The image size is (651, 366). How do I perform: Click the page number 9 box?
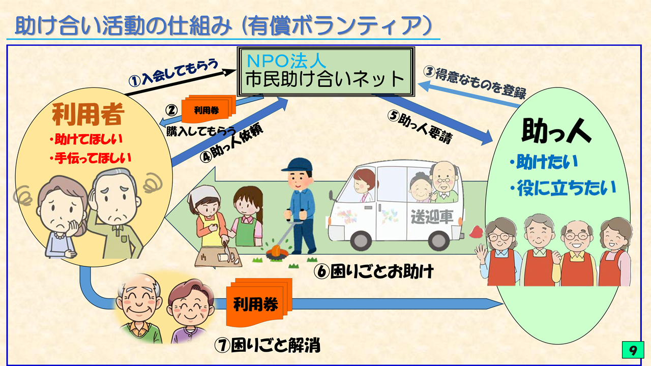(633, 350)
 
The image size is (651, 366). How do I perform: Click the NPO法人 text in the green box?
(286, 61)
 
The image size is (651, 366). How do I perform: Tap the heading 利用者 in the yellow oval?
(88, 114)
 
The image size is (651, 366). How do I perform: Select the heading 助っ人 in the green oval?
(556, 131)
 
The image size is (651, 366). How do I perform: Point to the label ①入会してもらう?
(173, 73)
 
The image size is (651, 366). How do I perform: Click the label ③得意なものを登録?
(475, 82)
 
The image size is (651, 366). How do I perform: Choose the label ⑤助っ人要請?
(420, 127)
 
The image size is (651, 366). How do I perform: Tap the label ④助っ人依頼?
(231, 144)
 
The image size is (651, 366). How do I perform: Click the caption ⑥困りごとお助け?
(374, 271)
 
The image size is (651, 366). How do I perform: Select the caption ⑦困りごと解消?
(268, 345)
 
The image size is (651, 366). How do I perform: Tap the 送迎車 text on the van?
(432, 217)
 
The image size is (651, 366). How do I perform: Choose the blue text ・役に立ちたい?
(563, 188)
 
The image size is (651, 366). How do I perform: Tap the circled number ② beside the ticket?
(171, 110)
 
